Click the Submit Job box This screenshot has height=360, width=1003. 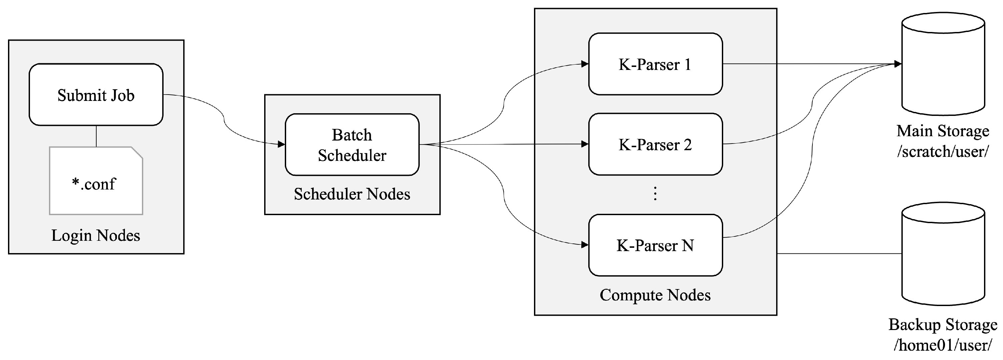(96, 95)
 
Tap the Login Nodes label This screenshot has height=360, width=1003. (96, 235)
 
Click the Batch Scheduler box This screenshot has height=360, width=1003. (352, 145)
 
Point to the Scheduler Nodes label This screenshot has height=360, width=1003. (352, 194)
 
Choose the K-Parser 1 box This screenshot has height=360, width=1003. (655, 64)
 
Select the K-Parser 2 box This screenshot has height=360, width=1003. (655, 145)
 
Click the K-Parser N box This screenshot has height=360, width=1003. (655, 245)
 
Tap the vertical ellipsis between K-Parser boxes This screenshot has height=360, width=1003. (655, 193)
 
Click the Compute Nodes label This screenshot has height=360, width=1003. (655, 295)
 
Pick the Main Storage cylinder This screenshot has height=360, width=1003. (943, 64)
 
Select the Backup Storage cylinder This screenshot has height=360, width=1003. (943, 254)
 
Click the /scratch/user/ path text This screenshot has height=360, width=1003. (943, 152)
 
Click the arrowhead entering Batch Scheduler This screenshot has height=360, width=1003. (281, 145)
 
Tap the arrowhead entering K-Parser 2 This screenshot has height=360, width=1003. (585, 144)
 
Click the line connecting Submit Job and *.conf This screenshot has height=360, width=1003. (96, 136)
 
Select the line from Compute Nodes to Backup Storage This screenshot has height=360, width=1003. (839, 254)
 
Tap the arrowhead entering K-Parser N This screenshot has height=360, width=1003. (585, 245)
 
